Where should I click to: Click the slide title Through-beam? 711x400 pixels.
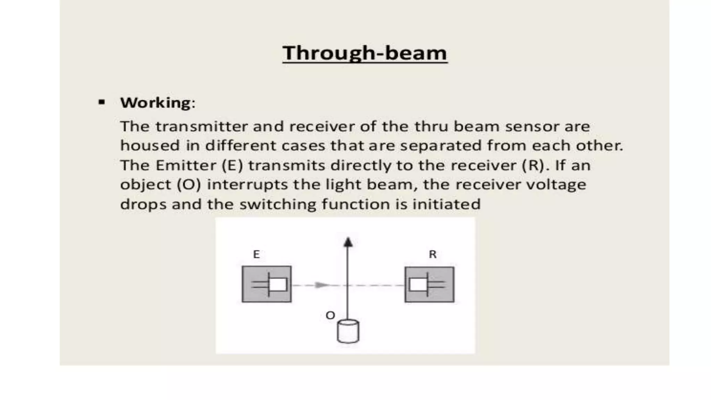(x=365, y=53)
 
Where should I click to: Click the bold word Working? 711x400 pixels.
(x=155, y=103)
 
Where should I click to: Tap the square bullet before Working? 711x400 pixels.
(x=102, y=102)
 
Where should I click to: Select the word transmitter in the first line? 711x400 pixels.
(x=201, y=126)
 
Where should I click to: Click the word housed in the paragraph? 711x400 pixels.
(x=150, y=145)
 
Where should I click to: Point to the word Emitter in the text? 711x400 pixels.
(x=186, y=165)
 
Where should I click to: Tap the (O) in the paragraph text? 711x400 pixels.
(x=189, y=185)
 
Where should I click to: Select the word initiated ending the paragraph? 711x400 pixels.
(x=446, y=204)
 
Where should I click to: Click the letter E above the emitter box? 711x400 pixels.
(x=256, y=255)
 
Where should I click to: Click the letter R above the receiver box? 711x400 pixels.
(x=433, y=255)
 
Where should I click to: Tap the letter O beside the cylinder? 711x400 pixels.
(x=330, y=315)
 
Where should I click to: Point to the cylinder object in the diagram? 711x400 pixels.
(x=348, y=332)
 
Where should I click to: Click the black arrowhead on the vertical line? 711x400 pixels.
(x=348, y=242)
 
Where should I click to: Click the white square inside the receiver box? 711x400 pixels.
(x=418, y=285)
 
